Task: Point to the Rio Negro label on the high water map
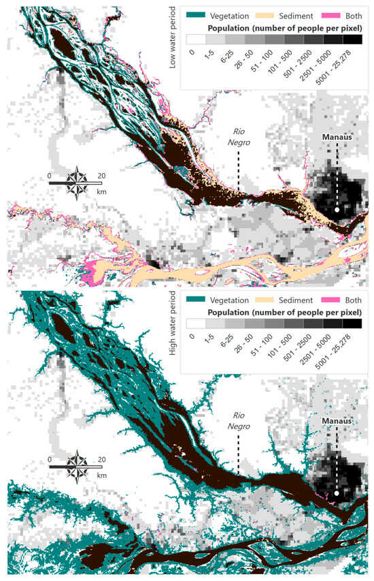[x=239, y=423]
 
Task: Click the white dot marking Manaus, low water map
[x=337, y=210]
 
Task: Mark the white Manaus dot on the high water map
[x=337, y=494]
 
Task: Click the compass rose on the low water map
[x=76, y=182]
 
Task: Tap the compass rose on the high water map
[x=76, y=467]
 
